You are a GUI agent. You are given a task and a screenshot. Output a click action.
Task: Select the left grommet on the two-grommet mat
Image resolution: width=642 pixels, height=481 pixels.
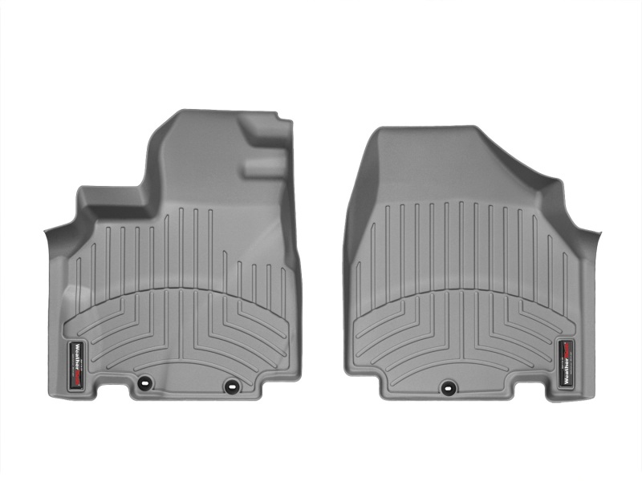coord(144,383)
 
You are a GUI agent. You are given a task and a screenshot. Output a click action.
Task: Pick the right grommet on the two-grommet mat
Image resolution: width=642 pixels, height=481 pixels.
coord(232,386)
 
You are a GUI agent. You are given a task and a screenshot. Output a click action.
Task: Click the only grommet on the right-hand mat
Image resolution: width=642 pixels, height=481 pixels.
coord(447,386)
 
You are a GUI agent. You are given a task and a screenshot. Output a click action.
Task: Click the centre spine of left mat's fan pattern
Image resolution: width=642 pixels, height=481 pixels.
coord(181,337)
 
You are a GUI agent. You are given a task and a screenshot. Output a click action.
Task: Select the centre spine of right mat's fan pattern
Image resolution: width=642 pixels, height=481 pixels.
coord(461,337)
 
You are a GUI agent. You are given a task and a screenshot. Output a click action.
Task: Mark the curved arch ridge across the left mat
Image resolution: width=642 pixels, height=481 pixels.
coord(181,290)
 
